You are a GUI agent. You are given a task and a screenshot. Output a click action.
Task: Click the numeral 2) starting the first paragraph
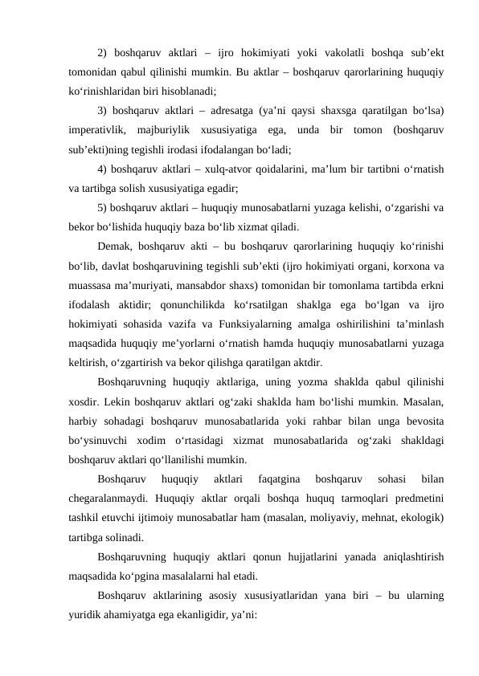point(101,54)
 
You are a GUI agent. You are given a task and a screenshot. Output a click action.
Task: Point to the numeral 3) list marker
point(101,109)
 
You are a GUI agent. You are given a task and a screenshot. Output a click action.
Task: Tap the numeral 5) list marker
point(101,206)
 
